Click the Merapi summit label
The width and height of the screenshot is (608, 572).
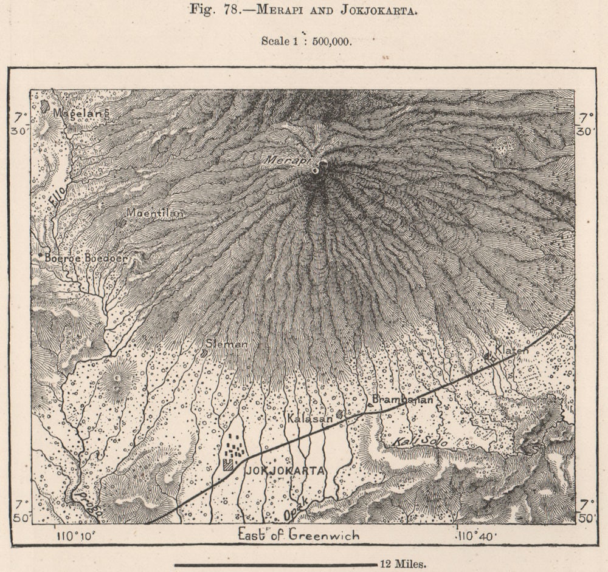click(286, 160)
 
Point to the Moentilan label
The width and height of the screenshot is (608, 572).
click(154, 213)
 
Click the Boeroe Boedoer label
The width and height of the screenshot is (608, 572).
click(86, 258)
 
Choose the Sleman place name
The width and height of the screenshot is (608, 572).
click(227, 344)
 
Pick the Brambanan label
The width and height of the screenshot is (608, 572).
click(402, 399)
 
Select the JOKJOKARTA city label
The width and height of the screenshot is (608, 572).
click(283, 471)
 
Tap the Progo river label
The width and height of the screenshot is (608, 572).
click(86, 504)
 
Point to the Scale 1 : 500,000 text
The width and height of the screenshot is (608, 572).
click(306, 41)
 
